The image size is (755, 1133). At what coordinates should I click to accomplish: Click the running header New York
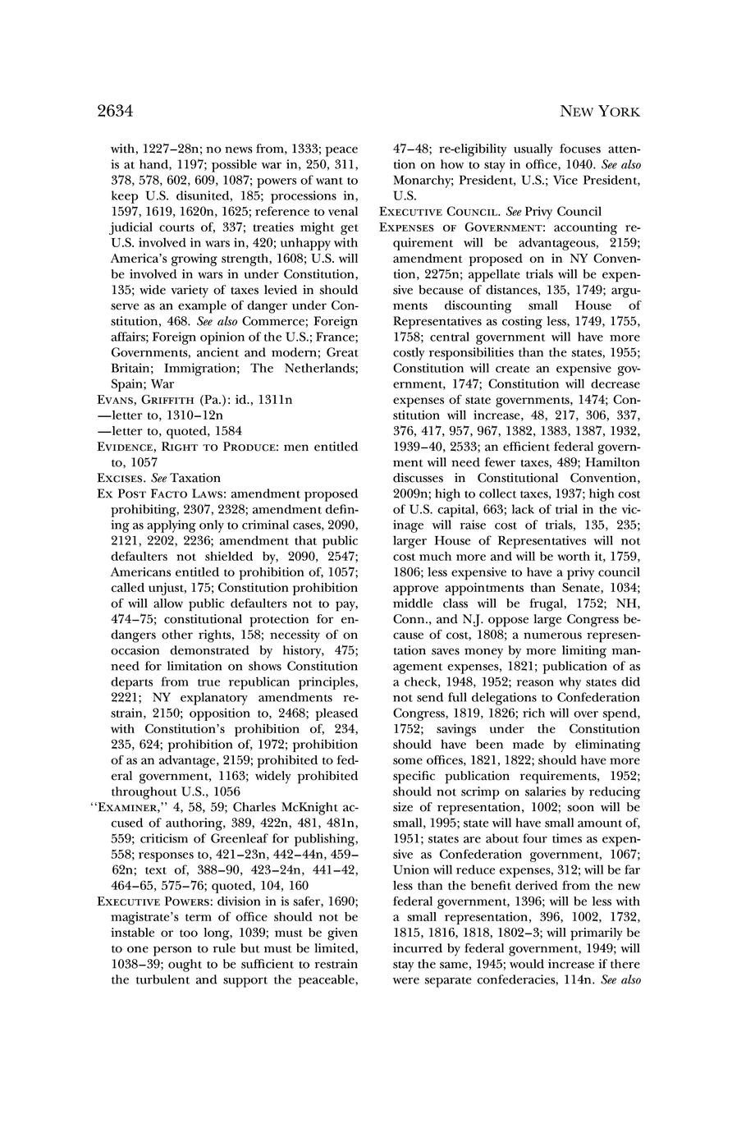[599, 112]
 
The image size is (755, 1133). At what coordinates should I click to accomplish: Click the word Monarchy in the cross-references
[422, 181]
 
